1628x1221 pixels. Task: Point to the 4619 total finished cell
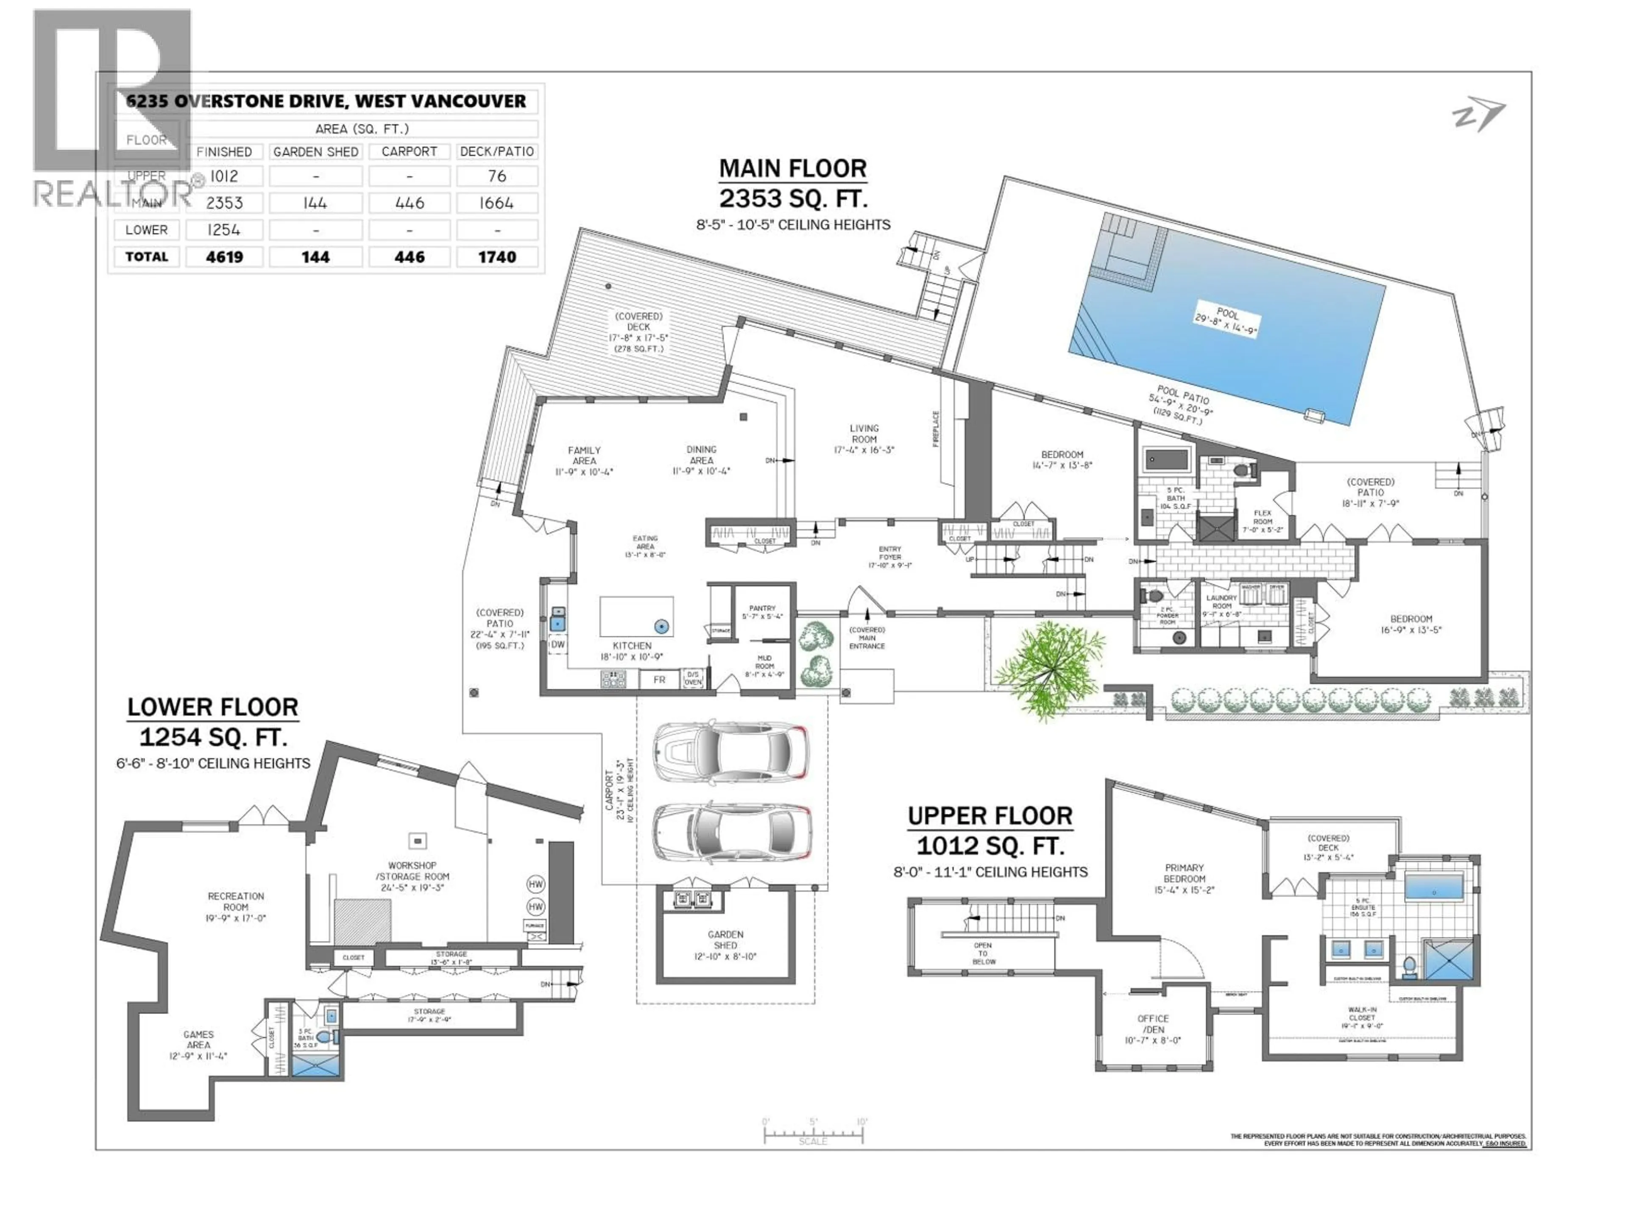(224, 257)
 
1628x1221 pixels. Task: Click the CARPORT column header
(409, 152)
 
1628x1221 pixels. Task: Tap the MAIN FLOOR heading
(793, 169)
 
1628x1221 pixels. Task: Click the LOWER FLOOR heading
(213, 707)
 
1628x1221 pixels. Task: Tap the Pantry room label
(762, 612)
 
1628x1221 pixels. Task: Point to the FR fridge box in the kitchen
(659, 680)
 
